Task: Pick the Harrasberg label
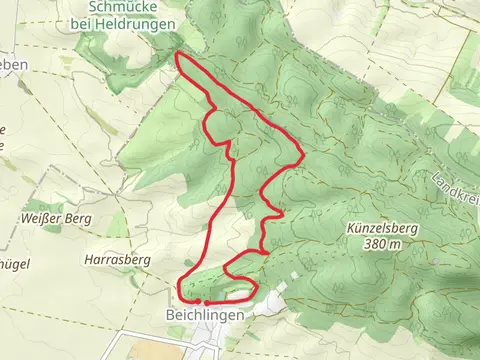(x=117, y=259)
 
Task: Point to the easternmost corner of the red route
(x=303, y=156)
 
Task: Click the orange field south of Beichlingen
(x=150, y=351)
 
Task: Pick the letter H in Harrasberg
(x=89, y=259)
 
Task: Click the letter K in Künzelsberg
(x=350, y=228)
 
